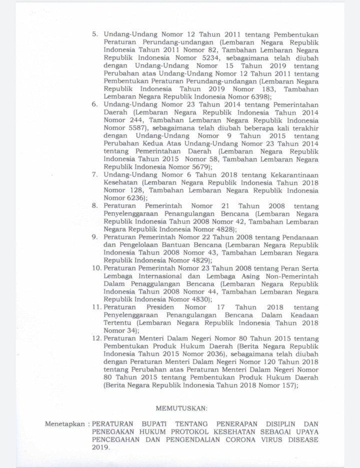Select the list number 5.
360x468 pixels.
(x=94, y=34)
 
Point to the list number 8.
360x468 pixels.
(x=94, y=206)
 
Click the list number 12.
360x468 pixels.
(x=95, y=338)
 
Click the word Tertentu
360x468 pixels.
(x=118, y=323)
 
